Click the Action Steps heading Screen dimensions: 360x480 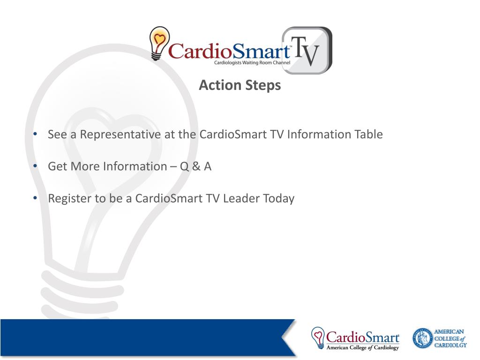pyautogui.click(x=240, y=85)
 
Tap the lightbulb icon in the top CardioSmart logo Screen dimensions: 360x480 pyautogui.click(x=159, y=43)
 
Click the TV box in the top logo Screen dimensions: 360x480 pyautogui.click(x=307, y=50)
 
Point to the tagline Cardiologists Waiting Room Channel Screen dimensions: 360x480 pyautogui.click(x=252, y=62)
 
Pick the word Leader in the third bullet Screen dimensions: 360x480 pyautogui.click(x=241, y=198)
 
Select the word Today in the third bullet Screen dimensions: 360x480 pyautogui.click(x=279, y=198)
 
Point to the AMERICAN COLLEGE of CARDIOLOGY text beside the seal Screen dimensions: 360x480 pyautogui.click(x=450, y=338)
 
